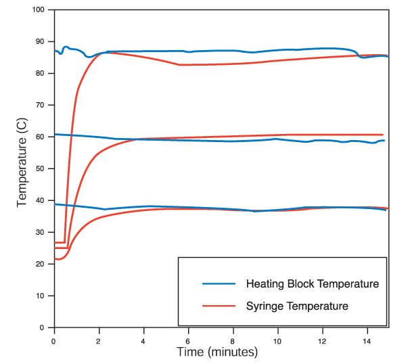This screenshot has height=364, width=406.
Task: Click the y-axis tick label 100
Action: click(x=39, y=9)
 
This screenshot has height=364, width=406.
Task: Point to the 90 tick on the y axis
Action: click(x=41, y=41)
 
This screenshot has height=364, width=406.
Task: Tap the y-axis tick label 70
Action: click(x=41, y=105)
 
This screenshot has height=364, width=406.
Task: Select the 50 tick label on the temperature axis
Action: click(x=41, y=168)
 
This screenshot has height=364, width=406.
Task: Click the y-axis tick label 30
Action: click(x=41, y=232)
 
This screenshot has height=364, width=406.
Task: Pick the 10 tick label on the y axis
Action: click(x=41, y=296)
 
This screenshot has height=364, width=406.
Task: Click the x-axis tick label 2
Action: click(x=99, y=339)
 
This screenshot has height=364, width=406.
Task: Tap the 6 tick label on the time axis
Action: click(x=188, y=339)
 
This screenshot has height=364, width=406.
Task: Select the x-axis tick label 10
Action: click(x=277, y=339)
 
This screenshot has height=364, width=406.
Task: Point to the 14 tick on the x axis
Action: click(x=367, y=339)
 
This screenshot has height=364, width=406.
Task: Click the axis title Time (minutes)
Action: click(x=217, y=352)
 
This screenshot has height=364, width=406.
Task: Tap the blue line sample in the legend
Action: click(x=218, y=283)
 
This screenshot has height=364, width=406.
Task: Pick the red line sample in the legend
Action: click(x=218, y=306)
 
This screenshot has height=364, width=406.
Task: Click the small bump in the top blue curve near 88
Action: click(x=66, y=47)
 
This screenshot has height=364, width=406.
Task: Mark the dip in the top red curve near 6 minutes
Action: click(x=180, y=65)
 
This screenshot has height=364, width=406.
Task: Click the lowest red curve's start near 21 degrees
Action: click(x=57, y=259)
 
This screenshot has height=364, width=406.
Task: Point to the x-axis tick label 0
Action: click(x=54, y=339)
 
